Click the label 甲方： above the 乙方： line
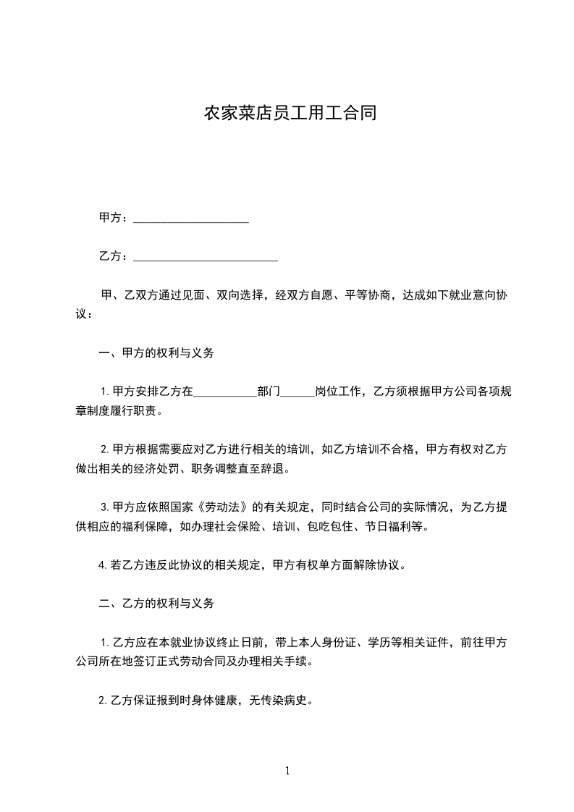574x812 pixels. tap(114, 218)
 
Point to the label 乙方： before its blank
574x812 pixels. tap(114, 256)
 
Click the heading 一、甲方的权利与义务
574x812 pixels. tap(156, 354)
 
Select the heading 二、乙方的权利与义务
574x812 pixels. tap(156, 603)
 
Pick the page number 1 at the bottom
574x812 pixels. tap(287, 771)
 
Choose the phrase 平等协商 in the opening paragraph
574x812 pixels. tap(368, 295)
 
